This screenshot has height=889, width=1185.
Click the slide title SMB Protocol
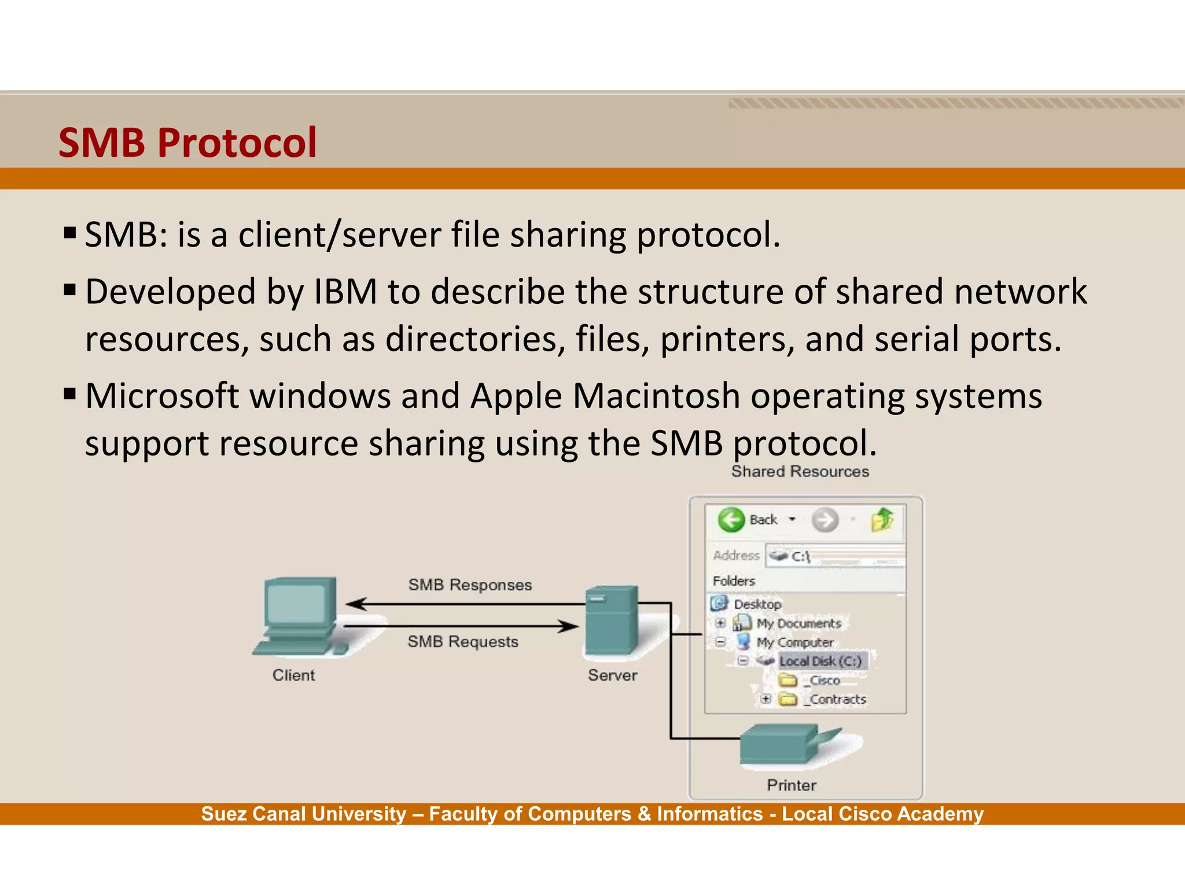[x=187, y=142]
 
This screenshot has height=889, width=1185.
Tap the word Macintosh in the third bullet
[x=656, y=396]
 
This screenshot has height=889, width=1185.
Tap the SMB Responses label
[x=470, y=585]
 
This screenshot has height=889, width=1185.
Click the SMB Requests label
[x=463, y=641]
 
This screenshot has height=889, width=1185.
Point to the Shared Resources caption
[x=800, y=472]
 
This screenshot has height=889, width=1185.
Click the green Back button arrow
[x=731, y=520]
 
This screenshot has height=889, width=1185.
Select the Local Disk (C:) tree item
[x=820, y=661]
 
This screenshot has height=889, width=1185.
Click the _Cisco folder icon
[x=787, y=680]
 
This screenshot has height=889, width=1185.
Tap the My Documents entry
[x=798, y=623]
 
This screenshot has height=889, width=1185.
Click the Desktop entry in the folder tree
[x=757, y=604]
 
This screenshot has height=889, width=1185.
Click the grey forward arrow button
[x=825, y=520]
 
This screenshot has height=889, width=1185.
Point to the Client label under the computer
[x=293, y=675]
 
